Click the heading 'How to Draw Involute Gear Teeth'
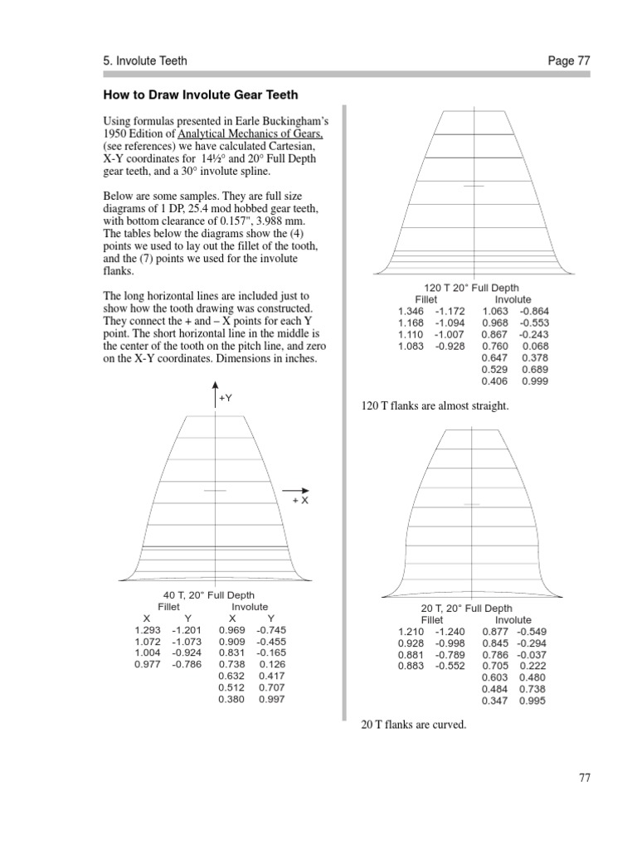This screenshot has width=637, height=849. tap(200, 95)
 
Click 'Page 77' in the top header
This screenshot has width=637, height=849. tap(568, 61)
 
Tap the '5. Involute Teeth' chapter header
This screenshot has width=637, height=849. tap(145, 61)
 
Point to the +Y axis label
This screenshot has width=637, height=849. tap(226, 398)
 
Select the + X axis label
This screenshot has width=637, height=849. tap(300, 502)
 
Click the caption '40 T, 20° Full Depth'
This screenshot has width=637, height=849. tap(209, 595)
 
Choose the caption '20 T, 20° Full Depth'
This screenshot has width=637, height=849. tap(467, 609)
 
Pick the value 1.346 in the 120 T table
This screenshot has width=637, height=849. tap(411, 311)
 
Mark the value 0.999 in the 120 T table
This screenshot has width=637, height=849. tap(536, 381)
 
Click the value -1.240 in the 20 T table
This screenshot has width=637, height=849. tap(450, 631)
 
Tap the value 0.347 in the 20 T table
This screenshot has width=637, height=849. tap(496, 701)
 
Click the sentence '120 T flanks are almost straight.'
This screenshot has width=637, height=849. tap(435, 406)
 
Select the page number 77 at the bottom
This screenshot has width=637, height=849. tap(584, 779)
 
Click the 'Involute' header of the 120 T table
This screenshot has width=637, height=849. tap(513, 299)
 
